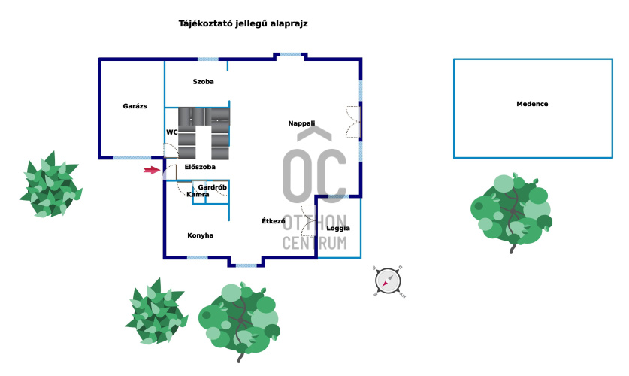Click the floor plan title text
(243, 24)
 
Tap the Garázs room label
(135, 106)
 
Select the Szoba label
(203, 81)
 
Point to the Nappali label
(301, 123)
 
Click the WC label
(171, 132)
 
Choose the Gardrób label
(213, 186)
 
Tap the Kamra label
(198, 195)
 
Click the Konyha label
(200, 235)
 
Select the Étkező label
(273, 221)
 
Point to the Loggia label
(338, 228)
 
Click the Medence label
(532, 104)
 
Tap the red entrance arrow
(152, 171)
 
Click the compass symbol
(388, 280)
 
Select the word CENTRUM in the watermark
(314, 243)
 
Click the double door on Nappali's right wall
(353, 122)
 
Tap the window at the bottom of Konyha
(197, 258)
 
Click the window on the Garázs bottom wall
(132, 157)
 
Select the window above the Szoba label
(208, 59)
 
